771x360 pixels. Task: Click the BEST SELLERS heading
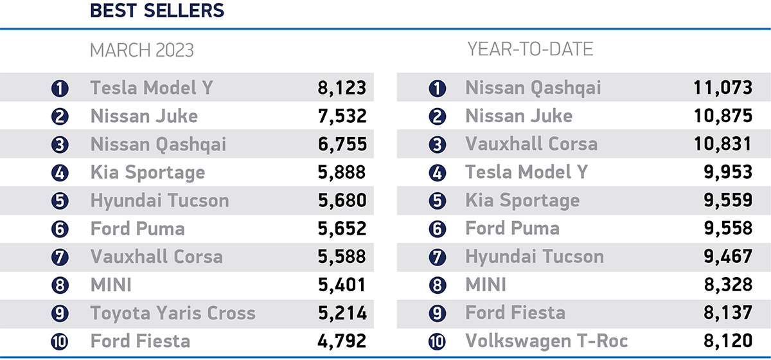[x=157, y=10]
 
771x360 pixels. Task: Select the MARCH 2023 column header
[x=141, y=50]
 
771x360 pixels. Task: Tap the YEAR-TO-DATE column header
[x=530, y=50]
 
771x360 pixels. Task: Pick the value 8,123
[x=342, y=87]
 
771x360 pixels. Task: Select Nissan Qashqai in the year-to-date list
[x=533, y=87]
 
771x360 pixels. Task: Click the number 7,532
[x=342, y=116]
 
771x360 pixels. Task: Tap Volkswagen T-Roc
[x=546, y=340]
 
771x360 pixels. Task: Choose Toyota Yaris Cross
[x=173, y=313]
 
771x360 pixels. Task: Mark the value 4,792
[x=342, y=340]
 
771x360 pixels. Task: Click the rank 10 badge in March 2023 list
[x=60, y=341]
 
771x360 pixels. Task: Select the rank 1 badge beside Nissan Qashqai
[x=437, y=89]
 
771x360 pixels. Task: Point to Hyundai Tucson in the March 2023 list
[x=159, y=201]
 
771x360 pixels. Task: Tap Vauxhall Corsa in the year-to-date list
[x=531, y=144]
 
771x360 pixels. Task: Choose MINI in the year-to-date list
[x=486, y=285]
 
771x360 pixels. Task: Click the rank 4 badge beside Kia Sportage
[x=60, y=173]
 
